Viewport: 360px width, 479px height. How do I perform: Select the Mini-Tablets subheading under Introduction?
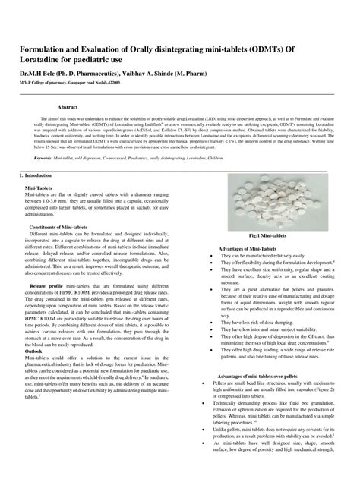click(x=39, y=187)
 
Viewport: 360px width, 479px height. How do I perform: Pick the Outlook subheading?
click(x=33, y=351)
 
